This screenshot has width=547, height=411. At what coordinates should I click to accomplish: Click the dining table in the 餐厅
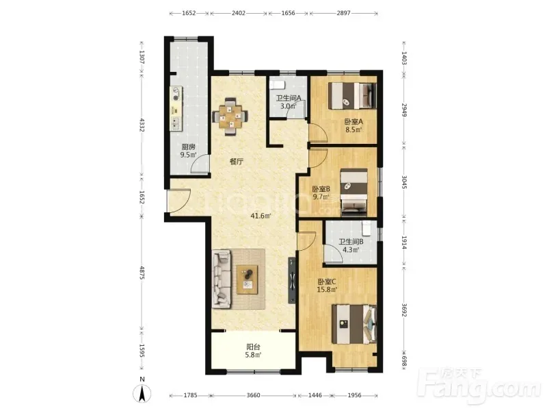[230, 116]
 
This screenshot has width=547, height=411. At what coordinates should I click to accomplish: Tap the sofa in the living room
[222, 279]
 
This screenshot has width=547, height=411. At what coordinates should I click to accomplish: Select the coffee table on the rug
[248, 279]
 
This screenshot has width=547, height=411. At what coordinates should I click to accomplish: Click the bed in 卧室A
[352, 95]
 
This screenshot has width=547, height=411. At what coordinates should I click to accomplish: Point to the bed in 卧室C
[354, 324]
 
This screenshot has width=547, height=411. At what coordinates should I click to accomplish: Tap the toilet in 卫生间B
[366, 228]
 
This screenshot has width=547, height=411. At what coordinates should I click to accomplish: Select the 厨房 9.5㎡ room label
[189, 151]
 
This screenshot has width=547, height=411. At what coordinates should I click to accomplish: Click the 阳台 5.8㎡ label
[253, 351]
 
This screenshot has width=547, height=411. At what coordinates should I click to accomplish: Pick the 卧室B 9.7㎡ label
[321, 192]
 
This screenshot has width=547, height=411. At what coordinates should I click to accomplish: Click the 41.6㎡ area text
[261, 216]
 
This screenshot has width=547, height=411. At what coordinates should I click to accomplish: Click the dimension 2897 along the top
[344, 13]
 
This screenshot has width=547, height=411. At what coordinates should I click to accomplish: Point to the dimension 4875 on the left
[142, 273]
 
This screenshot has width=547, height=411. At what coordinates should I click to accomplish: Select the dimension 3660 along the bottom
[253, 395]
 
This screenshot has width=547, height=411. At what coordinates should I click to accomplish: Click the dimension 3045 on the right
[403, 182]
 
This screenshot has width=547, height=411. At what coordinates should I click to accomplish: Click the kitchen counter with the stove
[176, 109]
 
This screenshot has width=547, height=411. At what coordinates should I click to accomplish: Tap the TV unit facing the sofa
[292, 280]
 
